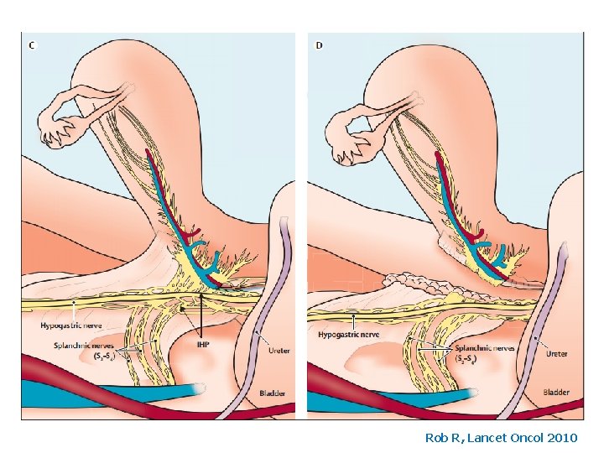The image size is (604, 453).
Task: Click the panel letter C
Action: click(x=32, y=45)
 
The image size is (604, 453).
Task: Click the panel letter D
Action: click(x=319, y=45)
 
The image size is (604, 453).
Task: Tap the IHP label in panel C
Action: click(x=203, y=343)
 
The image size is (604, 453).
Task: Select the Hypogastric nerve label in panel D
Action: click(x=348, y=334)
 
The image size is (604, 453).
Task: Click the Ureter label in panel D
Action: click(x=556, y=353)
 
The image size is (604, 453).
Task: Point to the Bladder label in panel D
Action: click(x=555, y=392)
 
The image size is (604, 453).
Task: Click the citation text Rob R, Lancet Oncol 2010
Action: click(x=502, y=437)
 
